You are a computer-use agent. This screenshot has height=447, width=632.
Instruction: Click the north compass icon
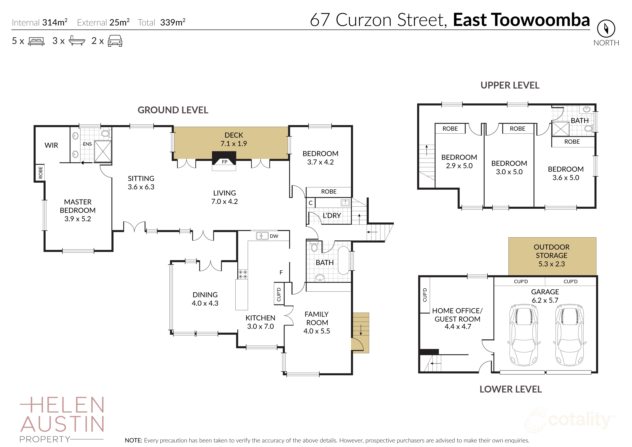click(606, 28)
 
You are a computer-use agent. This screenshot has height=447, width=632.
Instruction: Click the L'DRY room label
click(332, 216)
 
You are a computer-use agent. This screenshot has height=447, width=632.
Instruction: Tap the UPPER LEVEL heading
click(510, 85)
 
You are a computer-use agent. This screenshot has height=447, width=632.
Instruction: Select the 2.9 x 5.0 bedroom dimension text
click(459, 166)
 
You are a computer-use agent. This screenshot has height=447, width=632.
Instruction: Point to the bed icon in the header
click(36, 41)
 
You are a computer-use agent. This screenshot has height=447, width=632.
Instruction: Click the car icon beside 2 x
click(115, 41)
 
